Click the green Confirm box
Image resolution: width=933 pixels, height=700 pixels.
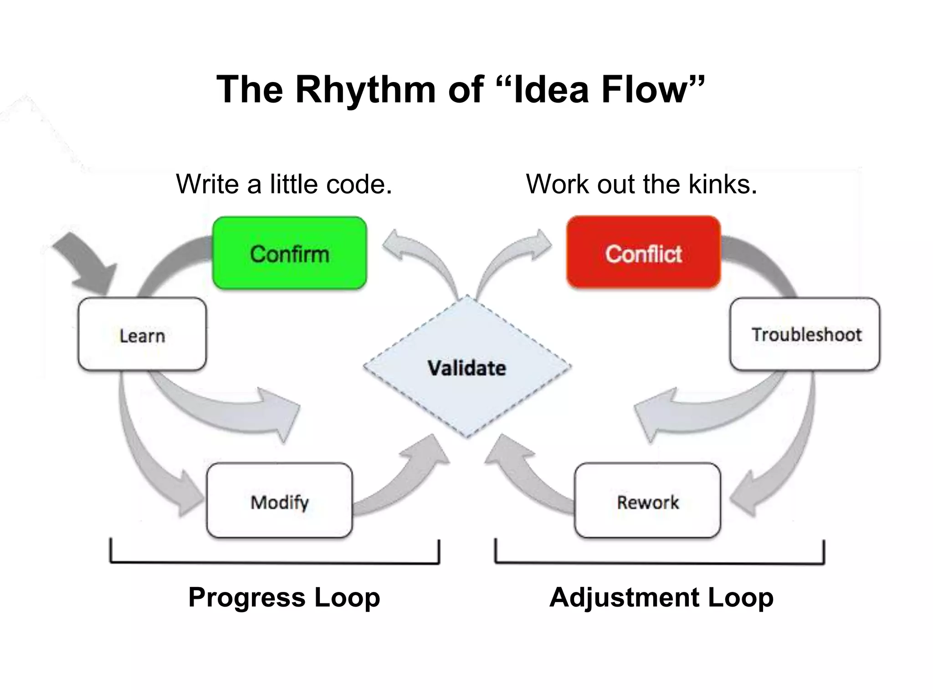coord(290,253)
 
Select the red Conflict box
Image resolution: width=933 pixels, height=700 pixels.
coord(643,253)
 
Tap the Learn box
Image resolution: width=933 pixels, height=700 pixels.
coord(142,335)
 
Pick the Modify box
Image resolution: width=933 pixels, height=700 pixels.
coord(279,501)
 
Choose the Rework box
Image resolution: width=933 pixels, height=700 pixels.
coord(647,501)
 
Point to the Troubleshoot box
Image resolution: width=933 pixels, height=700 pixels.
coord(805,334)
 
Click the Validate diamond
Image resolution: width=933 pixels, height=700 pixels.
coord(466,367)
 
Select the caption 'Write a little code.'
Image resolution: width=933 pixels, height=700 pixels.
coord(284,184)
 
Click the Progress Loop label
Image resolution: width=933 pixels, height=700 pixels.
coord(284,597)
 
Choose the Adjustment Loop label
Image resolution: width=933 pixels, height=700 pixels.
coord(661,597)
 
